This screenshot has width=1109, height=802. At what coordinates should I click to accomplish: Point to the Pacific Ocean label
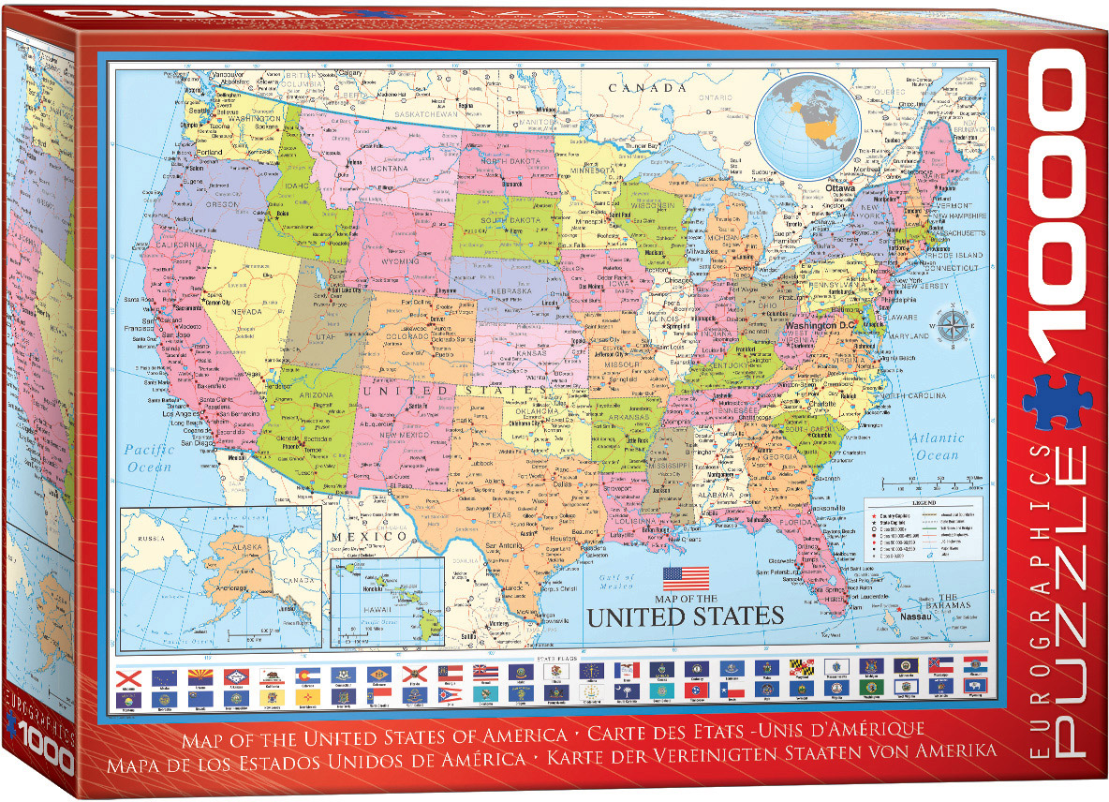[151, 456]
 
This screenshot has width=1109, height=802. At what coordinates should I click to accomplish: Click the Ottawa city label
[816, 187]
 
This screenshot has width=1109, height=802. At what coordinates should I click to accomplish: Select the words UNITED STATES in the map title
[684, 616]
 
